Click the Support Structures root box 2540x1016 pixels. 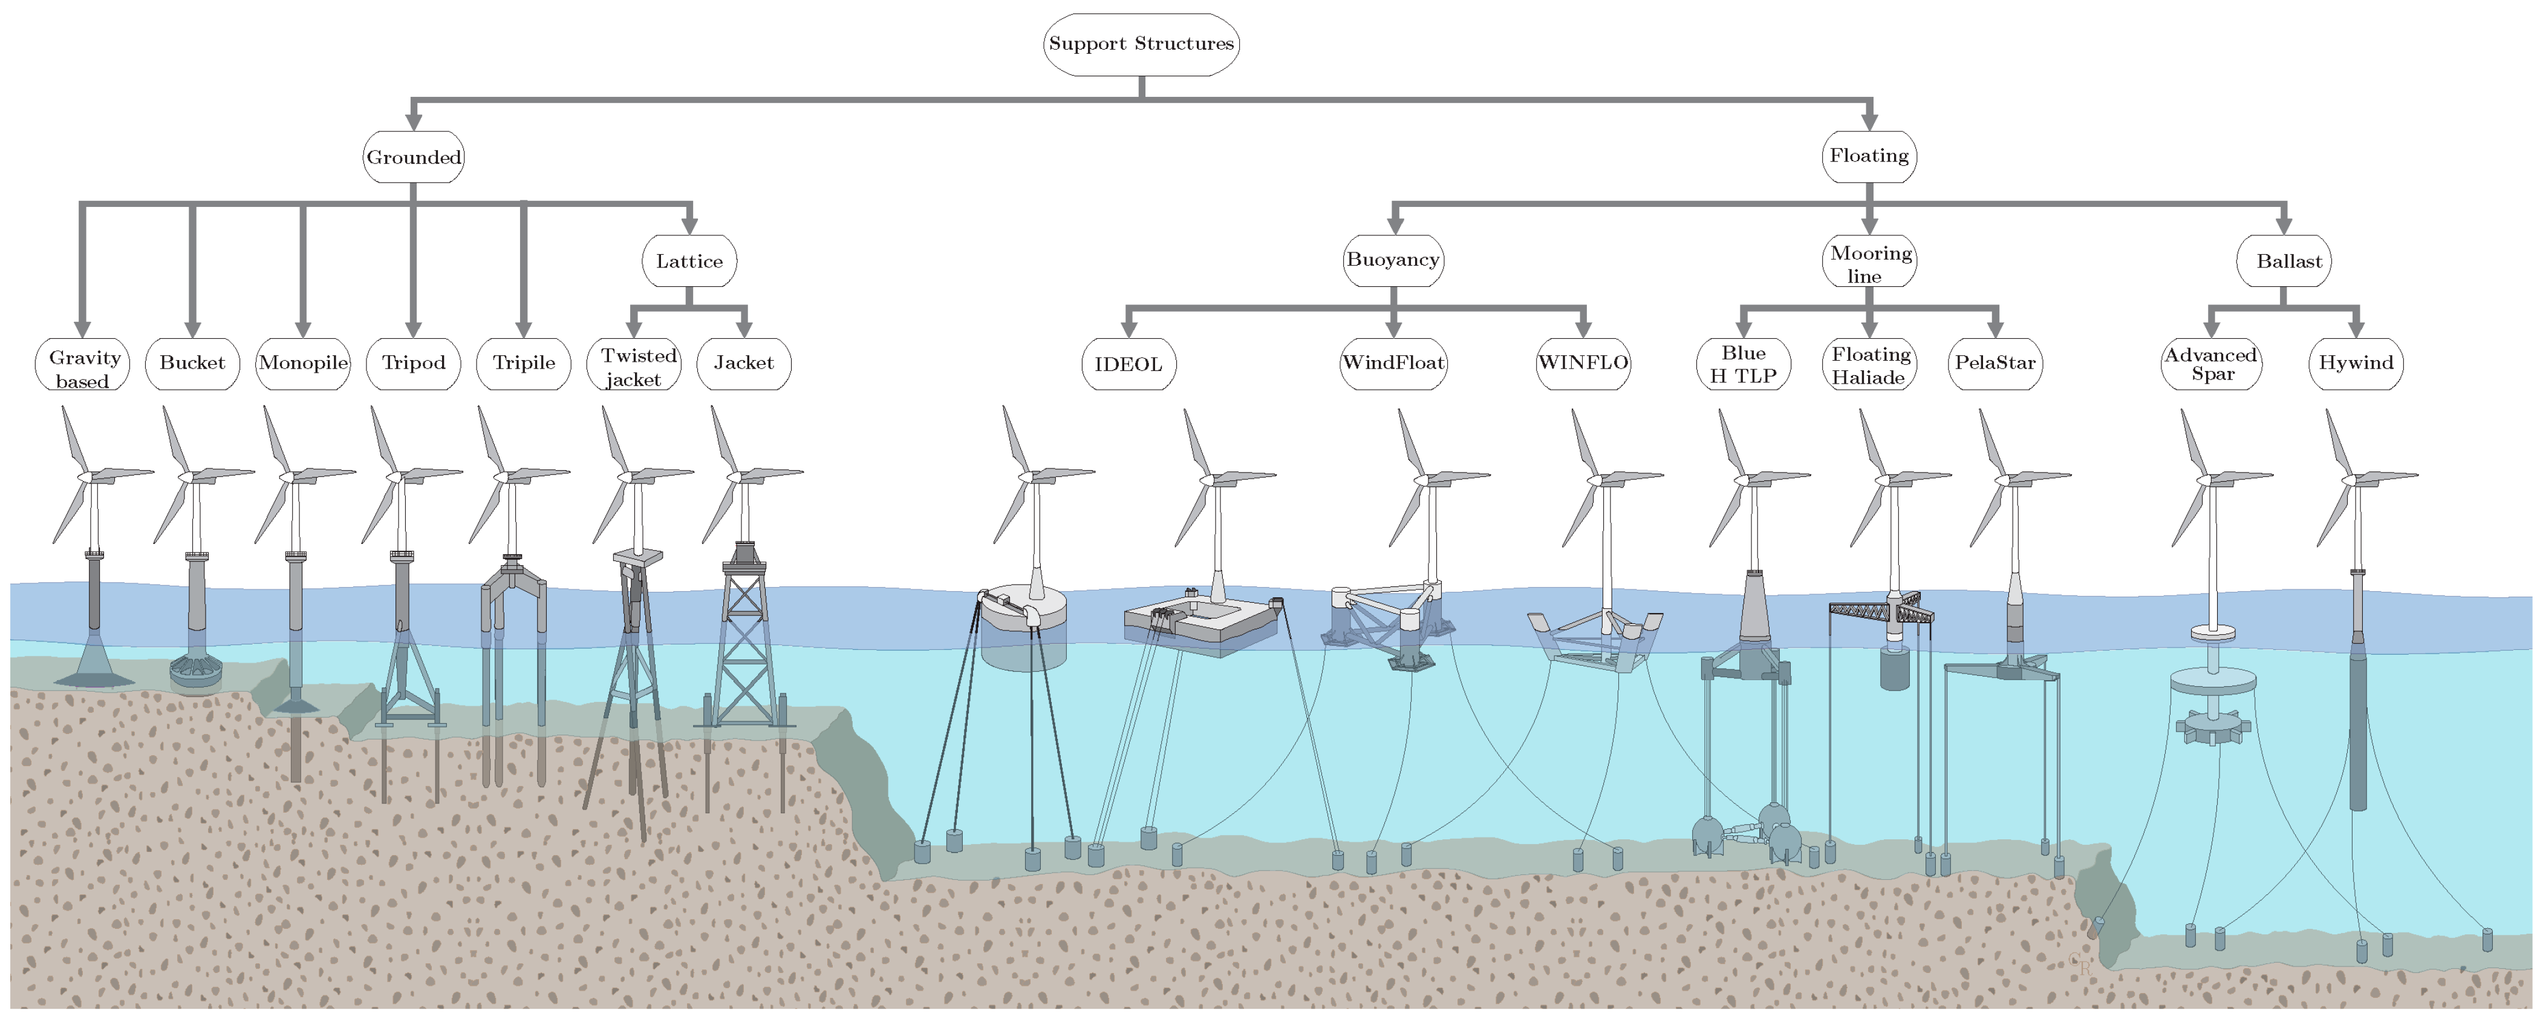point(1141,44)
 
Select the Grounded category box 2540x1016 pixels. point(413,157)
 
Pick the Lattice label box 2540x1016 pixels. point(689,261)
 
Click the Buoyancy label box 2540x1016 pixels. point(1392,260)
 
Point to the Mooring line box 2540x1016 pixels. point(1869,263)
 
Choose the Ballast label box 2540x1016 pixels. point(2284,261)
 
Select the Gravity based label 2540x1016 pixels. point(83,367)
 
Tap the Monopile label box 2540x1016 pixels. point(303,363)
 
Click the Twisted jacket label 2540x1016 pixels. point(634,366)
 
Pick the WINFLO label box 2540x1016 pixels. point(1583,363)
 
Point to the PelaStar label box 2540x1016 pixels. point(1994,363)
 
